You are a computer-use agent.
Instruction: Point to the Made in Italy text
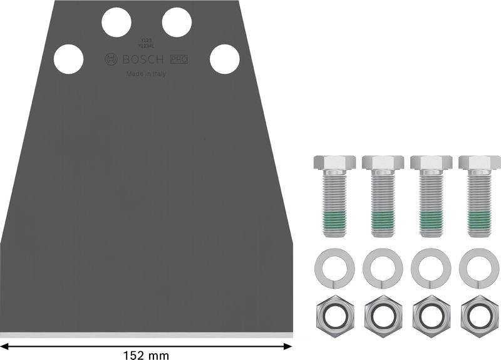click(147, 74)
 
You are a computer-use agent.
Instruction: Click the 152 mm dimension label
click(145, 355)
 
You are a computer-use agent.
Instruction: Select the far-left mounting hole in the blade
click(68, 59)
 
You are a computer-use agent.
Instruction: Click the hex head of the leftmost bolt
click(333, 163)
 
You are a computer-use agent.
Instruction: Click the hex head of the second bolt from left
click(381, 163)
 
